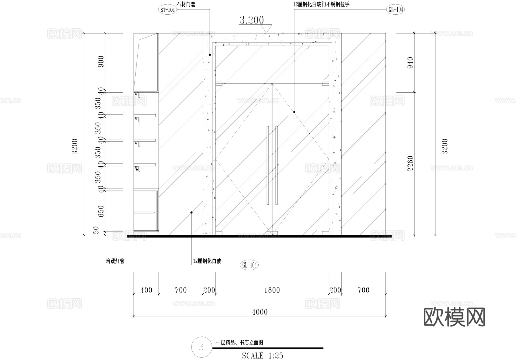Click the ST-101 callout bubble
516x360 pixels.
click(167, 10)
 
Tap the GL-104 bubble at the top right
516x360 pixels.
click(396, 9)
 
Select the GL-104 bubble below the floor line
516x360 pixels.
click(249, 265)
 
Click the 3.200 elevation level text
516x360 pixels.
click(251, 20)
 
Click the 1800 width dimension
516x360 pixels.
click(272, 290)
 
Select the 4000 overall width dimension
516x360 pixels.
click(259, 312)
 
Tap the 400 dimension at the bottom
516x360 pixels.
click(146, 290)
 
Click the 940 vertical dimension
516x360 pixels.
click(410, 63)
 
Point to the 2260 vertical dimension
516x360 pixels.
click(410, 164)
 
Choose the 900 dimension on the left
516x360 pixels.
click(101, 61)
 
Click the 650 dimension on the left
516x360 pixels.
click(101, 211)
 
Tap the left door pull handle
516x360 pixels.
click(267, 165)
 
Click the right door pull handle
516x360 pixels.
click(277, 165)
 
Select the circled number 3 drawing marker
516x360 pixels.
click(201, 347)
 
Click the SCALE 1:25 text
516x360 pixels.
click(262, 356)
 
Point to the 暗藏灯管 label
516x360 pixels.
click(115, 261)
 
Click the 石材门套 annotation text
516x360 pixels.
click(186, 4)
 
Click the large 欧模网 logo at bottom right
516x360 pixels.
click(454, 317)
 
